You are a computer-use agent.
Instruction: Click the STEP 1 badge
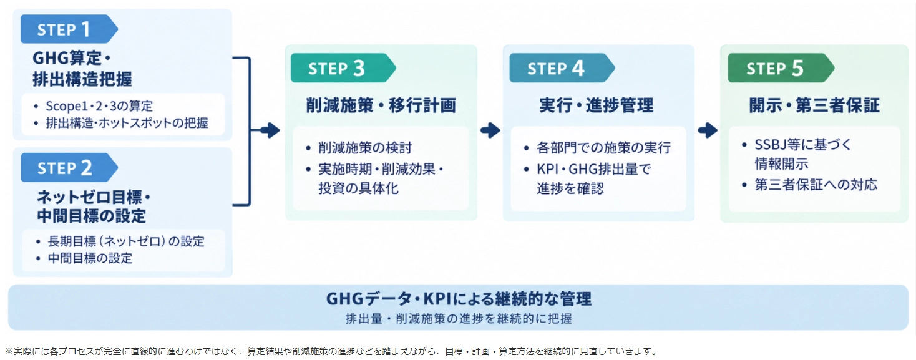coord(69,29)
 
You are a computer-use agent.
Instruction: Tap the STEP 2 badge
coord(69,167)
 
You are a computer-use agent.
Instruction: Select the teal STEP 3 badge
coord(343,68)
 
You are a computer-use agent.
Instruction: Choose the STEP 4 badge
coord(562,68)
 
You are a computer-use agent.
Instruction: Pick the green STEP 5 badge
coord(781,68)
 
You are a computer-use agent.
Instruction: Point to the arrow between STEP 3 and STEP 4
coord(490,130)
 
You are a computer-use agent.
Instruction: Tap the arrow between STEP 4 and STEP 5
coord(708,130)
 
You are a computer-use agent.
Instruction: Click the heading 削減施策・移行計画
coord(381,105)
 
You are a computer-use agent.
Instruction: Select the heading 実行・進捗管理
coord(597,105)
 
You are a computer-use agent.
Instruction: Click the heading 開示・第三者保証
coord(814,105)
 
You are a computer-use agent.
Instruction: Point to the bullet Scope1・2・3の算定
coord(99,106)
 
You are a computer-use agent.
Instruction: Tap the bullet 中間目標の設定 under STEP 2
coord(90,258)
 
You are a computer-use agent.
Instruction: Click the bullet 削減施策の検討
coord(365,148)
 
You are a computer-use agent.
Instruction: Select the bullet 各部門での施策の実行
coord(603,148)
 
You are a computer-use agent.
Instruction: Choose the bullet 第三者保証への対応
coord(816,185)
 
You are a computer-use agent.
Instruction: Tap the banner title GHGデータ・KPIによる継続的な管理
coord(459,299)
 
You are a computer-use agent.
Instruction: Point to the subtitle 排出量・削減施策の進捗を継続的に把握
coord(459,319)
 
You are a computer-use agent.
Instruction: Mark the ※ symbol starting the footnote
coord(9,351)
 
